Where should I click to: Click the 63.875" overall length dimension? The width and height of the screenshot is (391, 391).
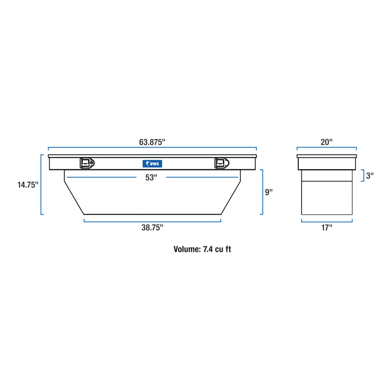pyautogui.click(x=152, y=142)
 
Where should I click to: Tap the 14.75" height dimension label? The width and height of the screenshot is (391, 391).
pyautogui.click(x=27, y=185)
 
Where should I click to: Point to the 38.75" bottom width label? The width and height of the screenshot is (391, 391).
pyautogui.click(x=152, y=228)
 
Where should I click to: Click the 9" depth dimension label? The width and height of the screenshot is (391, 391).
pyautogui.click(x=269, y=192)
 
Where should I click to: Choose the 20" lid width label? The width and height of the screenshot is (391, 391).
pyautogui.click(x=327, y=142)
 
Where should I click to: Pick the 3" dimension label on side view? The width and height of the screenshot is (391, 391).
pyautogui.click(x=369, y=175)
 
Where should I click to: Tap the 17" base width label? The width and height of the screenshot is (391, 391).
pyautogui.click(x=327, y=228)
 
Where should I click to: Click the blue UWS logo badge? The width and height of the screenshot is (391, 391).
pyautogui.click(x=152, y=163)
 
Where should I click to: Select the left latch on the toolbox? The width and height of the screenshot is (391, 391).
pyautogui.click(x=87, y=163)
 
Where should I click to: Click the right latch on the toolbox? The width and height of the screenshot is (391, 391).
pyautogui.click(x=221, y=163)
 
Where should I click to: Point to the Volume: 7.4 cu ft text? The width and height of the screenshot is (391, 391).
pyautogui.click(x=202, y=249)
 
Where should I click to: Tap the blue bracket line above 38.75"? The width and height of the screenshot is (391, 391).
pyautogui.click(x=152, y=221)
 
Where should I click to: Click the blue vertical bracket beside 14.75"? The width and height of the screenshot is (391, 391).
pyautogui.click(x=42, y=185)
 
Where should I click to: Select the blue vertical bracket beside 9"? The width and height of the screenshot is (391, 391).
pyautogui.click(x=262, y=192)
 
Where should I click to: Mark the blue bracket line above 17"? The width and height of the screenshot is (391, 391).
pyautogui.click(x=327, y=221)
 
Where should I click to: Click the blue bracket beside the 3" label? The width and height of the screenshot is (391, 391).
pyautogui.click(x=363, y=175)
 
